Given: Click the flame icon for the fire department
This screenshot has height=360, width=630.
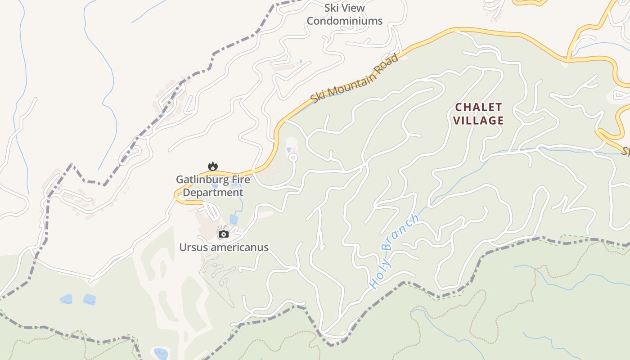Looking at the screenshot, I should [213, 166].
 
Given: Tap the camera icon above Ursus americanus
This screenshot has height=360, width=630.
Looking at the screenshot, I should [224, 234].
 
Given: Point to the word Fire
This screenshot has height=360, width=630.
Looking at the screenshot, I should [240, 180].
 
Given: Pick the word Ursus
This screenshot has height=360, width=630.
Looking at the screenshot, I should [193, 247].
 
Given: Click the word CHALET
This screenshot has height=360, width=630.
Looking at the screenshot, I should [478, 107].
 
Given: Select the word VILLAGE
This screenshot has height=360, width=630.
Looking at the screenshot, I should [478, 121].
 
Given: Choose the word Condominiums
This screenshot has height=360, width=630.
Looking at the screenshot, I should [344, 21].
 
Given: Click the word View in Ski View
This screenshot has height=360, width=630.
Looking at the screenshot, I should [353, 8].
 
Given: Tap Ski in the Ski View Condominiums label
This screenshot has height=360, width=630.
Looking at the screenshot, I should [332, 8].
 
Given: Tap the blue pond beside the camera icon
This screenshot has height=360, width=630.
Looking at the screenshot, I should [234, 219].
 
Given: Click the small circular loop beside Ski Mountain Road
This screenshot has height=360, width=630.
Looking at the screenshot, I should [293, 157].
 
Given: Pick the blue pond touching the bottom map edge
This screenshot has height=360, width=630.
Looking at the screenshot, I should [161, 353].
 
